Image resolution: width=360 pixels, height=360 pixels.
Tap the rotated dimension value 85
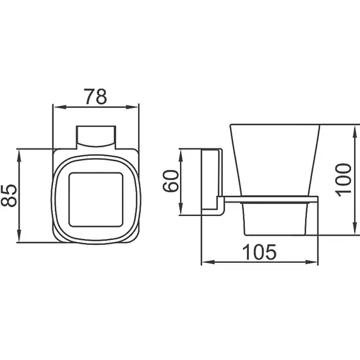click(9, 195)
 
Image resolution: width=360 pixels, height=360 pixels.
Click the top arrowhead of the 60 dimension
click(183, 152)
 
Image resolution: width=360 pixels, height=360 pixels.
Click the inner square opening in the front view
click(95, 196)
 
